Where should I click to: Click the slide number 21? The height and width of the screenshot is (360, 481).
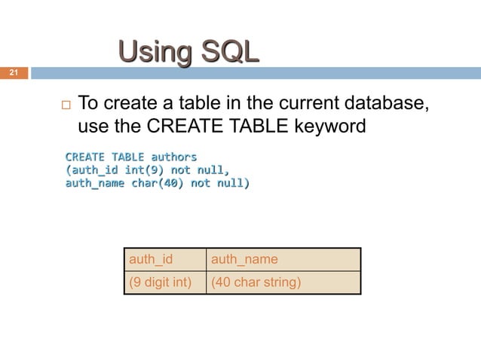pos(13,73)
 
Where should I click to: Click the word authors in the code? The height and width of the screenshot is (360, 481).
pos(174,157)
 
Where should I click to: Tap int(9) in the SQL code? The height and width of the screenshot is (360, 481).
pos(146,170)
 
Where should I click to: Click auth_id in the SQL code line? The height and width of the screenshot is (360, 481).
pos(96,170)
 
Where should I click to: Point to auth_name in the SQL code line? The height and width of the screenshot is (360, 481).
pos(95,183)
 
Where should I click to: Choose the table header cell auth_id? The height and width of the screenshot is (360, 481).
pos(152,260)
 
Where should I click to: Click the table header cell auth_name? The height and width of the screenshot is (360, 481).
pos(244,260)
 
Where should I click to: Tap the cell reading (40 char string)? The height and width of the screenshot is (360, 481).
pos(256,283)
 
